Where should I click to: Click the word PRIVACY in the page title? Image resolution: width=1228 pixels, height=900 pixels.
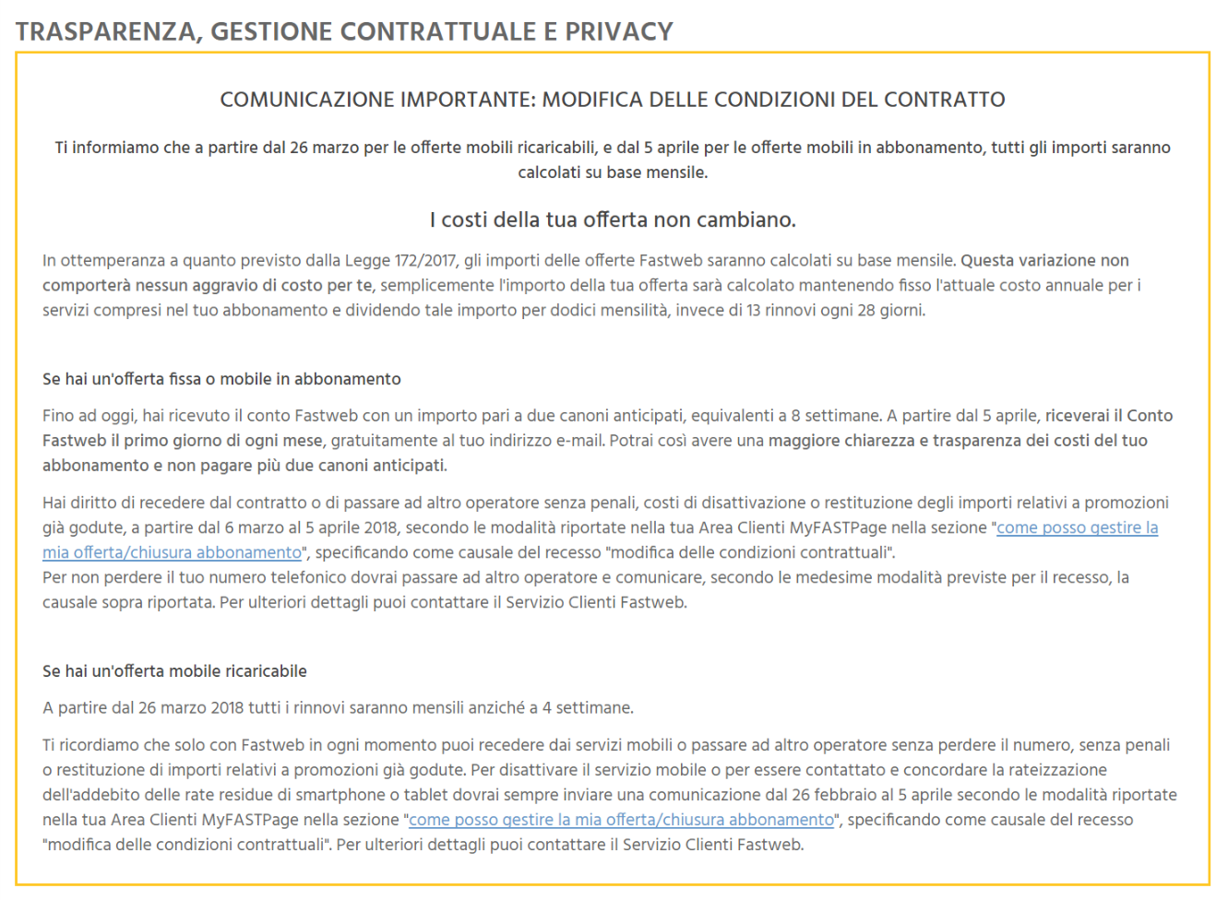[x=618, y=31]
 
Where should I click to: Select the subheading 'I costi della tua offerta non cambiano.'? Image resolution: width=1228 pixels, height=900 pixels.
[x=613, y=219]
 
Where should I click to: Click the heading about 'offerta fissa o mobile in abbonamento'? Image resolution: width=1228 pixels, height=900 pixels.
[x=221, y=379]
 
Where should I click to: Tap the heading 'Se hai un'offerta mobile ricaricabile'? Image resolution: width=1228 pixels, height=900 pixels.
[x=174, y=671]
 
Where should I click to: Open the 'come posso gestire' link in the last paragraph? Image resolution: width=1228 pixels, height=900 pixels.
[x=621, y=820]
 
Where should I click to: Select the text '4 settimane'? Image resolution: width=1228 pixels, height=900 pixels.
[x=587, y=708]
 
